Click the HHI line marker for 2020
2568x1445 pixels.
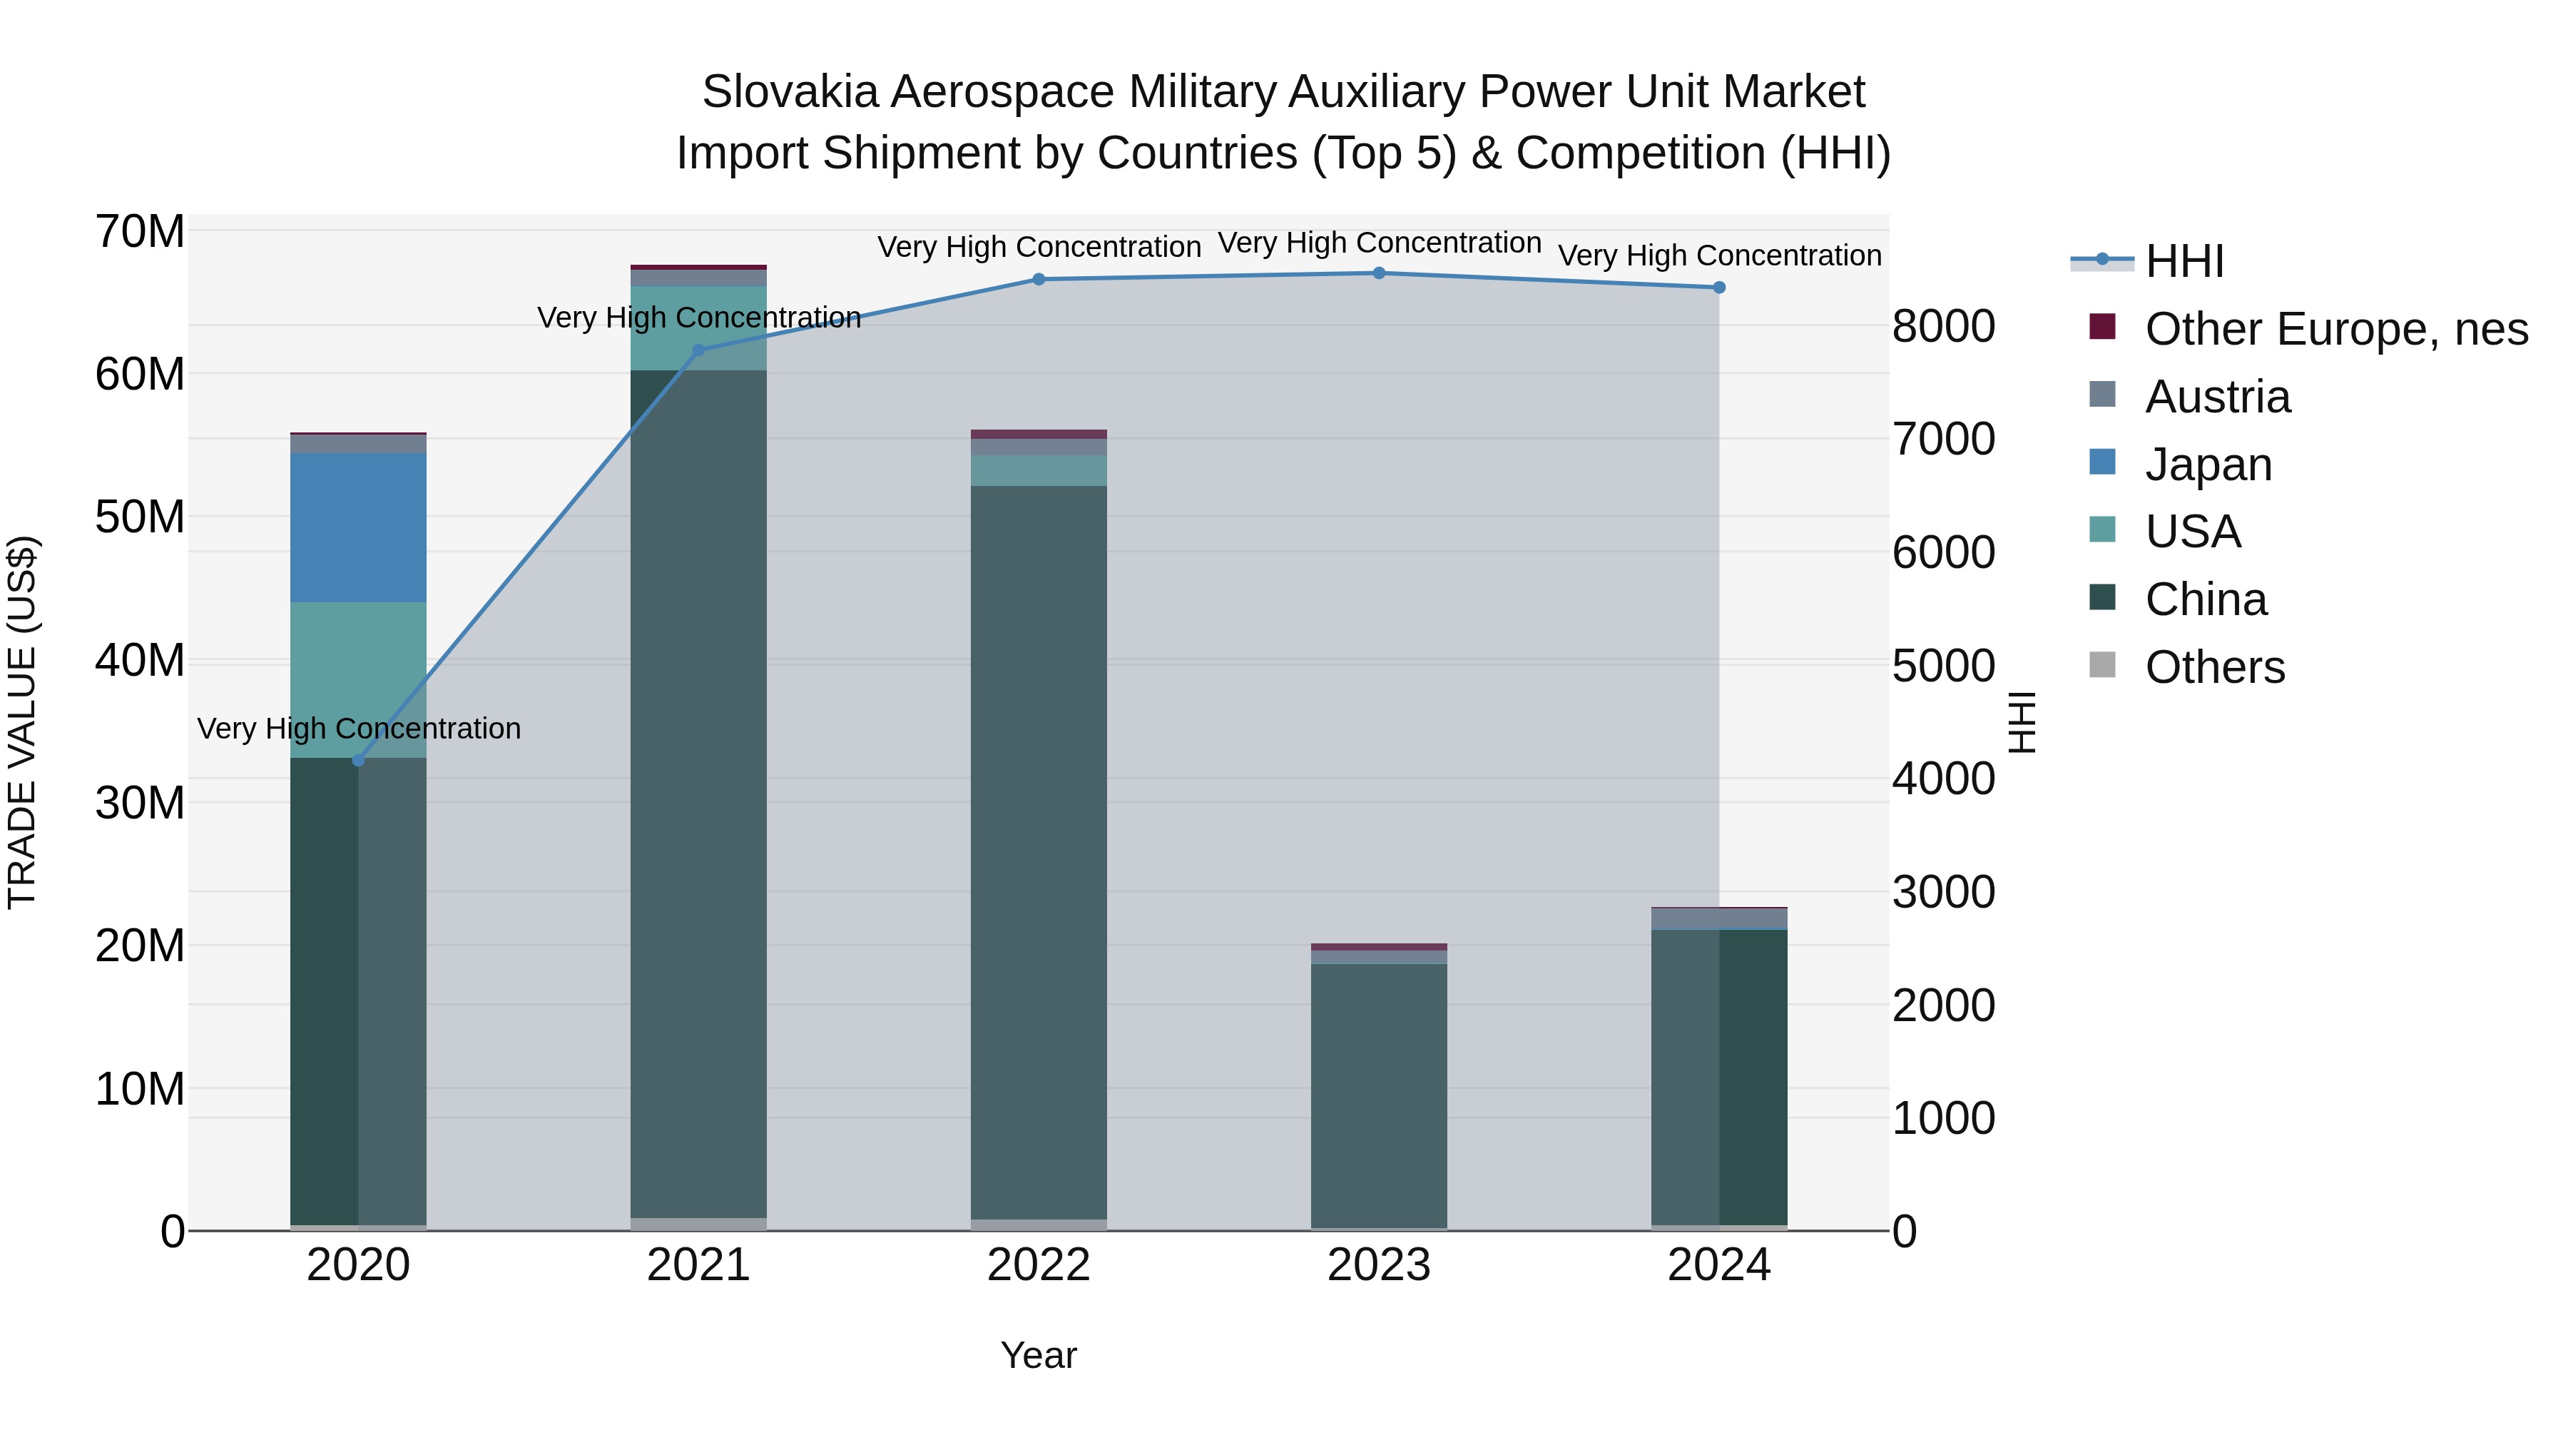(x=359, y=761)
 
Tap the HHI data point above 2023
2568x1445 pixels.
(x=1379, y=273)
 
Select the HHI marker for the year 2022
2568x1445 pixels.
(x=1039, y=279)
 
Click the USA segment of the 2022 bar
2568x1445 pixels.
(x=1039, y=471)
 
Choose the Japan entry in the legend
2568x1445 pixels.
(x=2207, y=465)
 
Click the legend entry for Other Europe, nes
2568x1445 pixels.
(x=2335, y=329)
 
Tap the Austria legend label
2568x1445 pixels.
(x=2217, y=397)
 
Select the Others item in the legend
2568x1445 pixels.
(x=2214, y=667)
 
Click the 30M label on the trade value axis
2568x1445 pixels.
(x=140, y=803)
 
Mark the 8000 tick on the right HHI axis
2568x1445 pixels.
(x=1943, y=326)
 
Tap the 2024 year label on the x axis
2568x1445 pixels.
(x=1718, y=1265)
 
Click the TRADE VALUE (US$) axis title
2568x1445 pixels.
(x=22, y=722)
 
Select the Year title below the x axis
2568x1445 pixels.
(x=1039, y=1355)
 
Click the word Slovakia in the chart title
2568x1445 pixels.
(x=790, y=92)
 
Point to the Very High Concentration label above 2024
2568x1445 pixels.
(x=1718, y=255)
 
